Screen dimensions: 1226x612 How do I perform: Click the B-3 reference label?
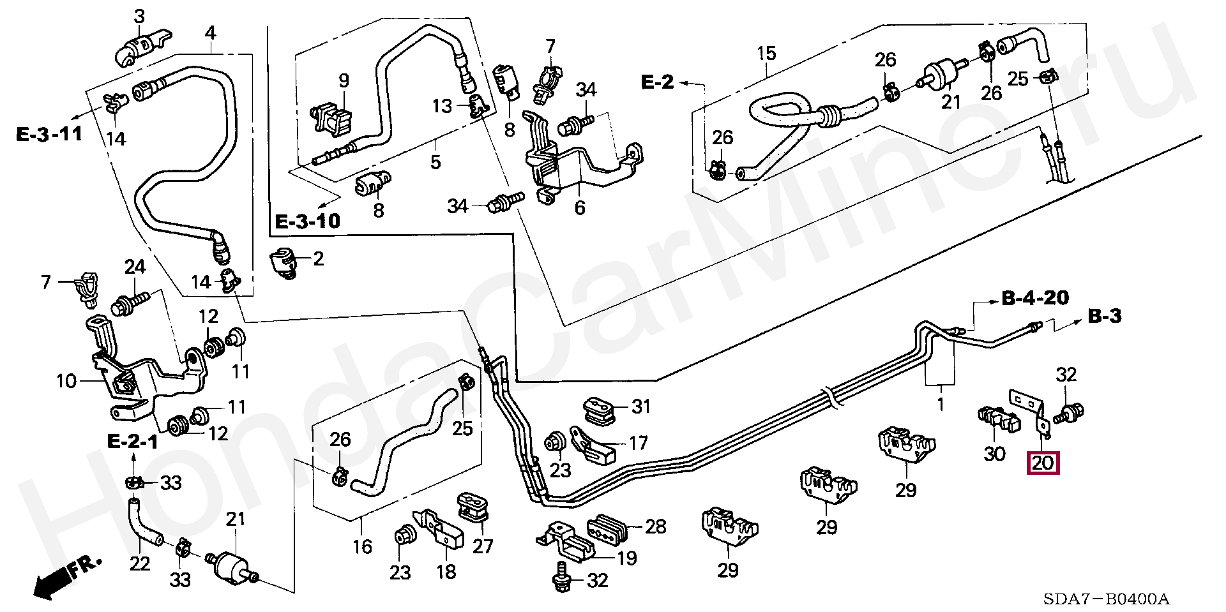click(x=1105, y=316)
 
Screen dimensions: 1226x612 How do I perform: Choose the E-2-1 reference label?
click(x=132, y=442)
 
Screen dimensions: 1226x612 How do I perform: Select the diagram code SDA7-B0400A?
click(x=1107, y=600)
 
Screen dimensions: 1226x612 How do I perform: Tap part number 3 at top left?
click(x=139, y=16)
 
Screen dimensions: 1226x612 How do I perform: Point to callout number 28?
click(x=656, y=526)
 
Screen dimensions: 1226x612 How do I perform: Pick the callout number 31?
click(x=640, y=406)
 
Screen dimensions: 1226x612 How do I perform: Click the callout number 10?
click(x=66, y=382)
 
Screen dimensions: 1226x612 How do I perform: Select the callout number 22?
click(x=140, y=563)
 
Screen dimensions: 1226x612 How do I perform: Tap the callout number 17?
click(x=639, y=442)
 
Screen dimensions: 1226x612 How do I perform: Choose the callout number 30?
click(x=995, y=454)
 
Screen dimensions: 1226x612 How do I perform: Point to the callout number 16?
click(x=362, y=547)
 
